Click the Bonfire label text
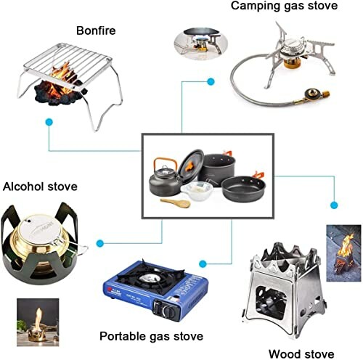96,30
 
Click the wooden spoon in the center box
174,202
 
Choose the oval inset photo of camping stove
193,41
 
